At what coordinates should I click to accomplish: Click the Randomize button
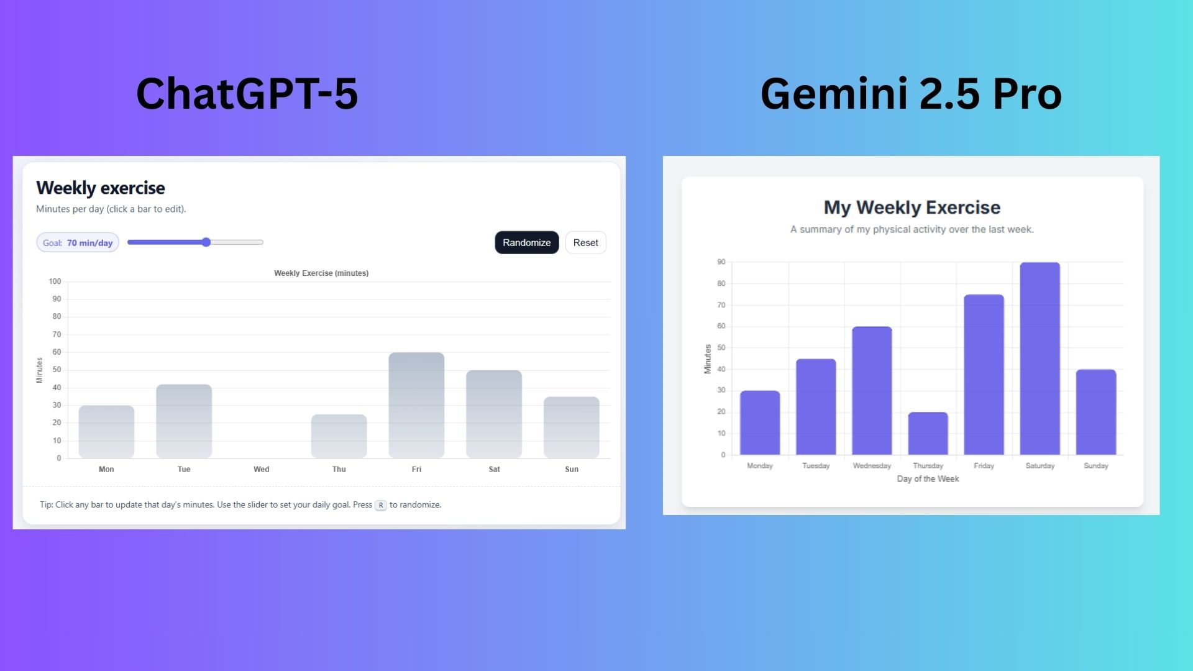pos(527,242)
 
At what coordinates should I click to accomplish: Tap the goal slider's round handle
pos(206,242)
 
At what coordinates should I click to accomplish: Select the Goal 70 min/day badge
pos(78,243)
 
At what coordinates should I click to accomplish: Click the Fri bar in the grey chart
pos(416,405)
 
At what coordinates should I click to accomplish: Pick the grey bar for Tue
pos(184,421)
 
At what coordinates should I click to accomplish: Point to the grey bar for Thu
pos(339,436)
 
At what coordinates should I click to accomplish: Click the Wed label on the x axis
pos(262,469)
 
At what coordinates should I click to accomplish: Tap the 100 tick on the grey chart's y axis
pos(55,281)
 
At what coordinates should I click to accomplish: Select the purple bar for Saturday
pos(1040,358)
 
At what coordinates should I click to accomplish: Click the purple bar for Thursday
pos(928,434)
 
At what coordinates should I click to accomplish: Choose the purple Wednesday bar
pos(872,391)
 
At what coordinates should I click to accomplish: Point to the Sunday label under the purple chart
pos(1096,465)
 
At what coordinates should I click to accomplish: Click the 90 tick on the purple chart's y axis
pos(721,262)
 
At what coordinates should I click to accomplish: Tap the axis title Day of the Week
pos(928,479)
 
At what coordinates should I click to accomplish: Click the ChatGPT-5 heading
pos(247,94)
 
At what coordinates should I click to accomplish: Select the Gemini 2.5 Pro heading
pos(912,94)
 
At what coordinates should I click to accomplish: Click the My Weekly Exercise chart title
pos(912,208)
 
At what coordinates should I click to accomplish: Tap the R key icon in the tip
pos(381,505)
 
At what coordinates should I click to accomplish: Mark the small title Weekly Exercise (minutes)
pos(321,273)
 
